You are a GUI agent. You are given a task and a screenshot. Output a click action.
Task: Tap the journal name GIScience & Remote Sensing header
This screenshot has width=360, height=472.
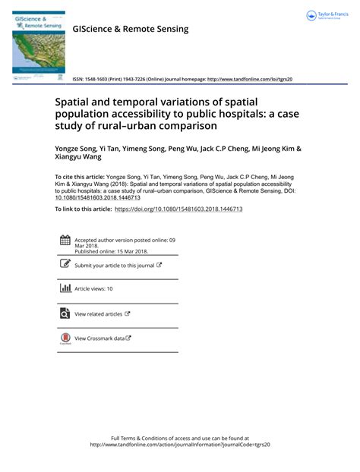[x=130, y=29]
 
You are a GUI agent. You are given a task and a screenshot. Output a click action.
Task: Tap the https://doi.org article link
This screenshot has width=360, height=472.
[x=178, y=208]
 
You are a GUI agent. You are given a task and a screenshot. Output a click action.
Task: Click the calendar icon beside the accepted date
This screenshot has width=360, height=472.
[x=65, y=241]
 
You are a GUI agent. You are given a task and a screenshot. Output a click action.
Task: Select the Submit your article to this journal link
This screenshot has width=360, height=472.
[x=114, y=266]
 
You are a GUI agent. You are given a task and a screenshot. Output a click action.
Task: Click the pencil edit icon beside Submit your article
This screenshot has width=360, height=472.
[x=65, y=264]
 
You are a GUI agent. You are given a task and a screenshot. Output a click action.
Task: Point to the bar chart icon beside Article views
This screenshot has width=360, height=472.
[x=65, y=288]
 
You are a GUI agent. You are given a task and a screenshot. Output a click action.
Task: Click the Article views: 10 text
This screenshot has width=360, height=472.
[x=93, y=289]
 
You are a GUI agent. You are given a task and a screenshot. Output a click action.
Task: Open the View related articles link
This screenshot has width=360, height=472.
[x=98, y=313]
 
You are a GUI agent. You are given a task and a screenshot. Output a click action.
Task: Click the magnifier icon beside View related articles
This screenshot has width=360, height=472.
[x=65, y=313]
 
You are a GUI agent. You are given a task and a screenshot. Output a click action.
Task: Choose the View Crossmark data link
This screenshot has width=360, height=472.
[x=99, y=338]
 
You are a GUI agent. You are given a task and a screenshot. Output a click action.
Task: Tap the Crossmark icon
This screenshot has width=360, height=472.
[x=65, y=338]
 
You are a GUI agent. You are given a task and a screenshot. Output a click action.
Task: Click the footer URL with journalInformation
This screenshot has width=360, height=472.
[x=180, y=445]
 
